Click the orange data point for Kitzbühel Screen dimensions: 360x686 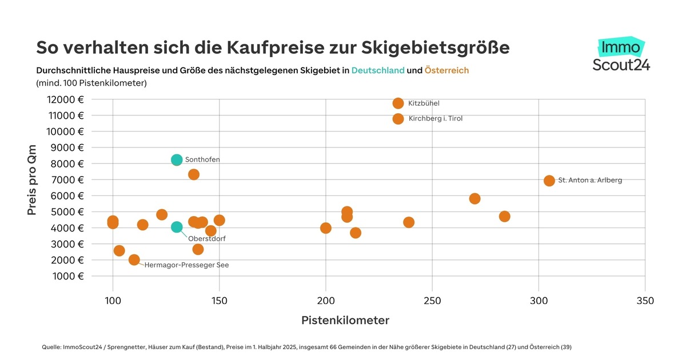(x=398, y=103)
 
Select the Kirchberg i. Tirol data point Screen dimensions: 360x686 (x=398, y=119)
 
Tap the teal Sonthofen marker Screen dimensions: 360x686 (x=177, y=159)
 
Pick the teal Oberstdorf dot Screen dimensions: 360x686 (x=177, y=227)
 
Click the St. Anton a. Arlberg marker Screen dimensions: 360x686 (x=549, y=181)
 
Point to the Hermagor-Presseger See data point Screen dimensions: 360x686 (x=134, y=259)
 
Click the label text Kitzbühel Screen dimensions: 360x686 (x=424, y=103)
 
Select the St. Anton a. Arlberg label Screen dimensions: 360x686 (x=590, y=181)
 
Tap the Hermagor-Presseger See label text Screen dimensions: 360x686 (x=186, y=265)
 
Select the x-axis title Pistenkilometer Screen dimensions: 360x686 (x=345, y=321)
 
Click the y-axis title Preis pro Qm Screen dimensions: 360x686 (x=32, y=179)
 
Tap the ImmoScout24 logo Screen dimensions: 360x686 (x=621, y=55)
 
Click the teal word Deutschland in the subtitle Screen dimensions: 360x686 (x=378, y=70)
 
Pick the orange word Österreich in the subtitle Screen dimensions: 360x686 (x=446, y=70)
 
